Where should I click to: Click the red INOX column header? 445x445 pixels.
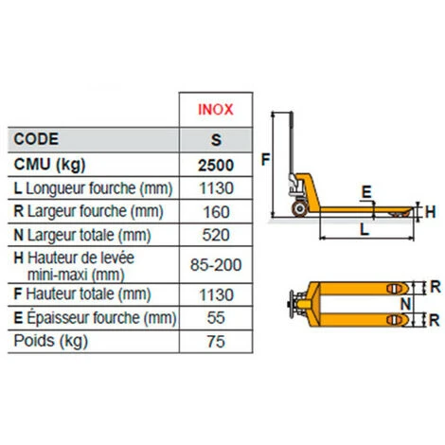point(216,110)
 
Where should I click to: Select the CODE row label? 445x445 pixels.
point(36,139)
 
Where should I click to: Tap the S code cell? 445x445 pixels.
point(216,140)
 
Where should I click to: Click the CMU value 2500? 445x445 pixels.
point(216,165)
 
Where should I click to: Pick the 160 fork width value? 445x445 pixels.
point(216,212)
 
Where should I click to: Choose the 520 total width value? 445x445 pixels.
point(216,235)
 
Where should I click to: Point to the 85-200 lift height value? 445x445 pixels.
point(216,264)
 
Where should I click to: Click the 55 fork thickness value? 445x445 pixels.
point(216,318)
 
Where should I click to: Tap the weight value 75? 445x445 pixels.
point(216,342)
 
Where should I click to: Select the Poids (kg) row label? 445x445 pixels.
point(51,342)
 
